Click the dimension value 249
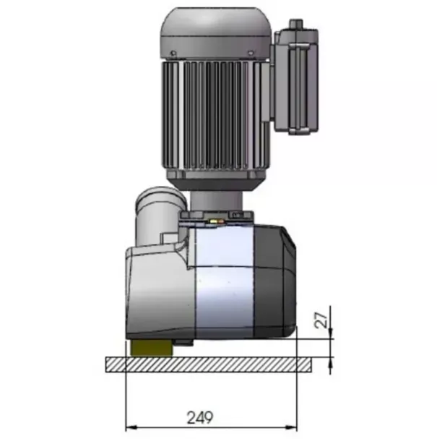(200, 417)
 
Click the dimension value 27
(321, 320)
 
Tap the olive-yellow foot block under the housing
(151, 349)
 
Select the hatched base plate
(208, 365)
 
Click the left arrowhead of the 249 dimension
(131, 428)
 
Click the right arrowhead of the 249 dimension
(291, 428)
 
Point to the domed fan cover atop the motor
(215, 34)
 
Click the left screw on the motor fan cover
(173, 53)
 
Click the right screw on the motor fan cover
(251, 53)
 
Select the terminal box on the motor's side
(296, 80)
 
